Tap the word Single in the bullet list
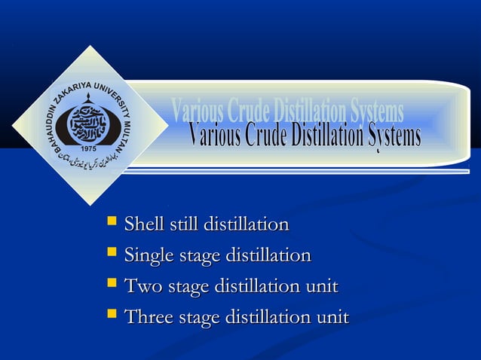click(x=147, y=256)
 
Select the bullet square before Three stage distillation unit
click(x=112, y=316)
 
